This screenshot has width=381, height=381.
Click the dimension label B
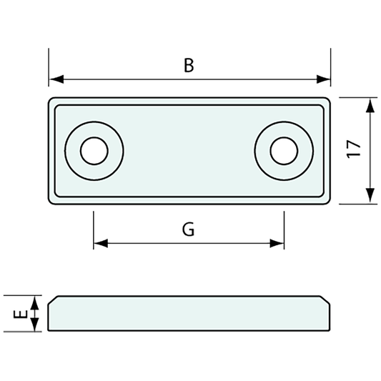tap(189, 66)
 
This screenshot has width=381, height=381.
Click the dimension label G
tap(188, 229)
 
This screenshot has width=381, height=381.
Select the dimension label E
tap(21, 314)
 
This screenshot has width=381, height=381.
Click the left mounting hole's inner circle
tap(94, 151)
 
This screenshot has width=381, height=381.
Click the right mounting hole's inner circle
tap(284, 151)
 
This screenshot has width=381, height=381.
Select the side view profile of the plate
tap(189, 314)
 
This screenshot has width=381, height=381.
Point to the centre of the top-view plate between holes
tap(189, 151)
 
